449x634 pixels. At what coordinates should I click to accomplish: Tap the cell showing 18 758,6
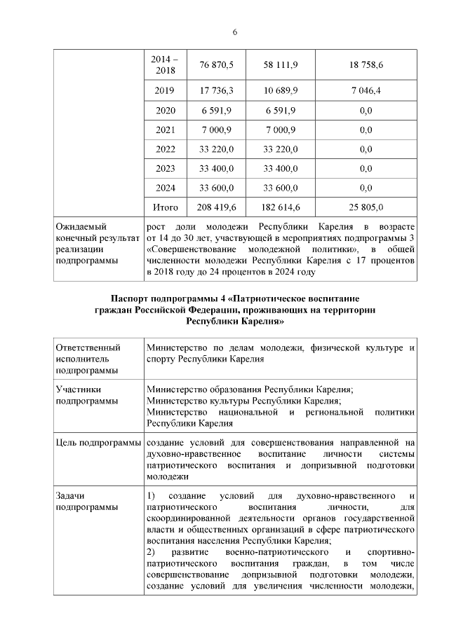click(x=365, y=64)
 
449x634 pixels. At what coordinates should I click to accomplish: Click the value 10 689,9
click(x=281, y=91)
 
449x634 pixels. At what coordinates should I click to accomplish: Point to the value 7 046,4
click(x=365, y=91)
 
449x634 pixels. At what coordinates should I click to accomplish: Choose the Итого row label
click(x=166, y=207)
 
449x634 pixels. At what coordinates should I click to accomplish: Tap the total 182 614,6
click(x=281, y=207)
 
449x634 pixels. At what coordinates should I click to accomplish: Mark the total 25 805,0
click(x=365, y=207)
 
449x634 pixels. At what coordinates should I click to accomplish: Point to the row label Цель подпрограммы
click(x=98, y=443)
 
